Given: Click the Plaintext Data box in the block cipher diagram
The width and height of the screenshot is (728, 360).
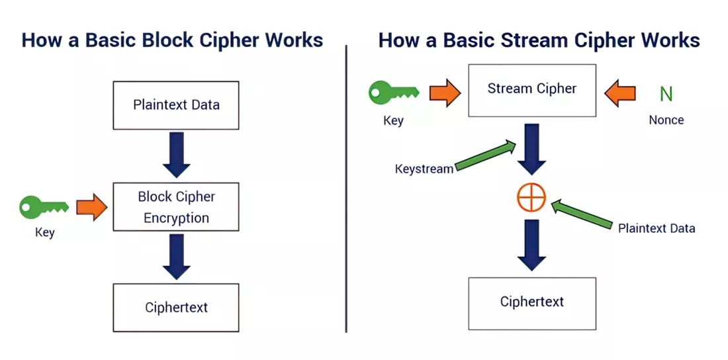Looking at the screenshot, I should tap(176, 105).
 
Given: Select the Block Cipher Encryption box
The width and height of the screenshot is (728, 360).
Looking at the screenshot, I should tap(176, 207).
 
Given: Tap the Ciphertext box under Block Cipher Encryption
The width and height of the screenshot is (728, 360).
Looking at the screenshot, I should tap(176, 308).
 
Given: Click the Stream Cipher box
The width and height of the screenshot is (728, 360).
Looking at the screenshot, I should tap(532, 89).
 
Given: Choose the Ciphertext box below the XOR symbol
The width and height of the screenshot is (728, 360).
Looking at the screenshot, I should tap(532, 302).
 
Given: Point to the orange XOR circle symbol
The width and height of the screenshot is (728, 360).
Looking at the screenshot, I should tap(531, 197).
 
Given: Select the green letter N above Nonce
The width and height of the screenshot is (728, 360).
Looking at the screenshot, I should tap(666, 94).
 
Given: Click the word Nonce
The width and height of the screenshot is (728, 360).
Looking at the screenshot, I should tap(666, 120).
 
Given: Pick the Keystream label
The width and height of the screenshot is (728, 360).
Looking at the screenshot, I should tap(424, 169).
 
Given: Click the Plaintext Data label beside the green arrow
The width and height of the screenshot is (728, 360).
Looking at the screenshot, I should tap(657, 228).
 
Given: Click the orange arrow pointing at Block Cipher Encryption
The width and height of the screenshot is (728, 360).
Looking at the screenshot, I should tap(91, 207).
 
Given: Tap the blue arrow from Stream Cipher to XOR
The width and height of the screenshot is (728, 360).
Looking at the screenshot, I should tap(531, 149).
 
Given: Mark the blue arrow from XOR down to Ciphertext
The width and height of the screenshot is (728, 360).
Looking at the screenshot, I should tap(531, 244).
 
